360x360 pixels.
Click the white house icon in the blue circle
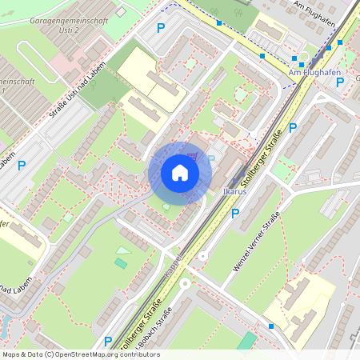[x=180, y=173]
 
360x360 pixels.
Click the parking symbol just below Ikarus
[x=234, y=214]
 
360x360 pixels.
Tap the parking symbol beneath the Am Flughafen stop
[x=340, y=82]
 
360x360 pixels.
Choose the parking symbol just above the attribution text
[x=108, y=341]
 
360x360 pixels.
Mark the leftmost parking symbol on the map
[x=22, y=166]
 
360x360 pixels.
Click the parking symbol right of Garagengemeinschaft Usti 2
[x=161, y=28]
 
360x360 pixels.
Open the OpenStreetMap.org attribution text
[x=81, y=354]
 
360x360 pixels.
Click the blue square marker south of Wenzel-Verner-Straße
[x=271, y=326]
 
